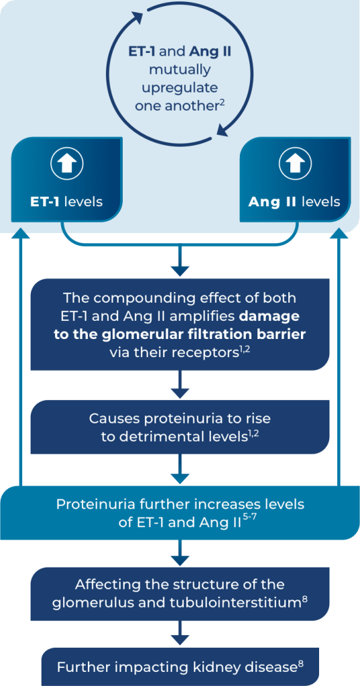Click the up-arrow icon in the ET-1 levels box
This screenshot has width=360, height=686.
coord(67,163)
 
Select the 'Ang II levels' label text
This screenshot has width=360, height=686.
coord(294,202)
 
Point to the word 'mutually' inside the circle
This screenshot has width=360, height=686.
coord(179,70)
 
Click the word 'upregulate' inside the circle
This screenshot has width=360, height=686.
coord(179,88)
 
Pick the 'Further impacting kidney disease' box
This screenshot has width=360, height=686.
coord(180,667)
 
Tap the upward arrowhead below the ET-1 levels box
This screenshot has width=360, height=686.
coord(19,232)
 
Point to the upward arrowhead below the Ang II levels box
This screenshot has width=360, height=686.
coord(339,232)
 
